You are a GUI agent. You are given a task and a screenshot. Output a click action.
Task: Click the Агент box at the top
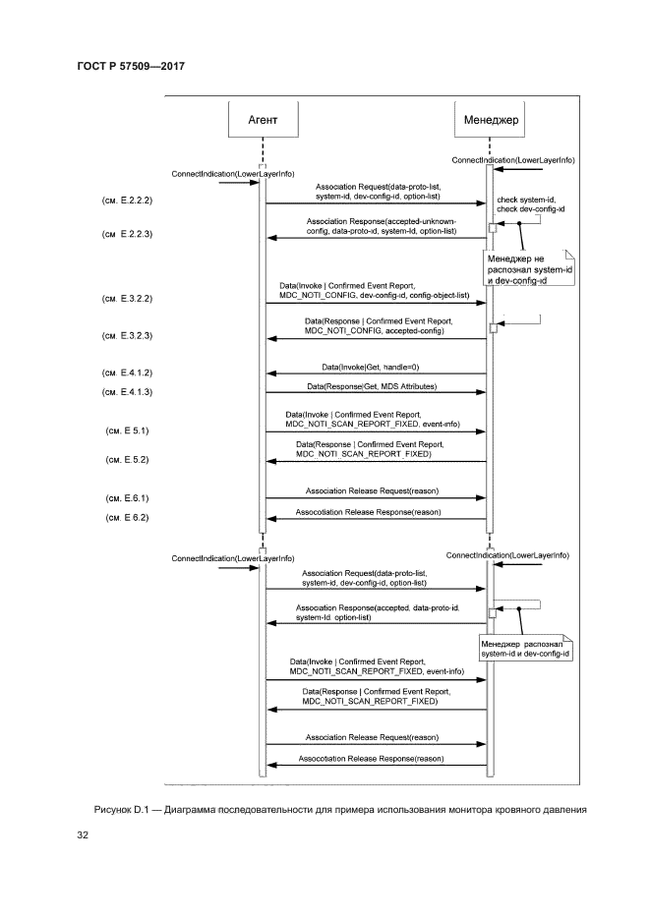263,120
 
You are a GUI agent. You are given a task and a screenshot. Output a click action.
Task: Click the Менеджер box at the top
489,120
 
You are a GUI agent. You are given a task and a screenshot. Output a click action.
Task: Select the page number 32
84,835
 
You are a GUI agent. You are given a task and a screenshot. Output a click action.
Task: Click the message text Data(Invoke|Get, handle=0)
378,367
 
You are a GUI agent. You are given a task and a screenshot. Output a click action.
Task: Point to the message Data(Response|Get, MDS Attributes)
378,386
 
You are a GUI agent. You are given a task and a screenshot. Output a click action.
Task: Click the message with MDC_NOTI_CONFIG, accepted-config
378,327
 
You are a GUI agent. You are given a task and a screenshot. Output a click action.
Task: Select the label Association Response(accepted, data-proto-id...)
378,612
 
